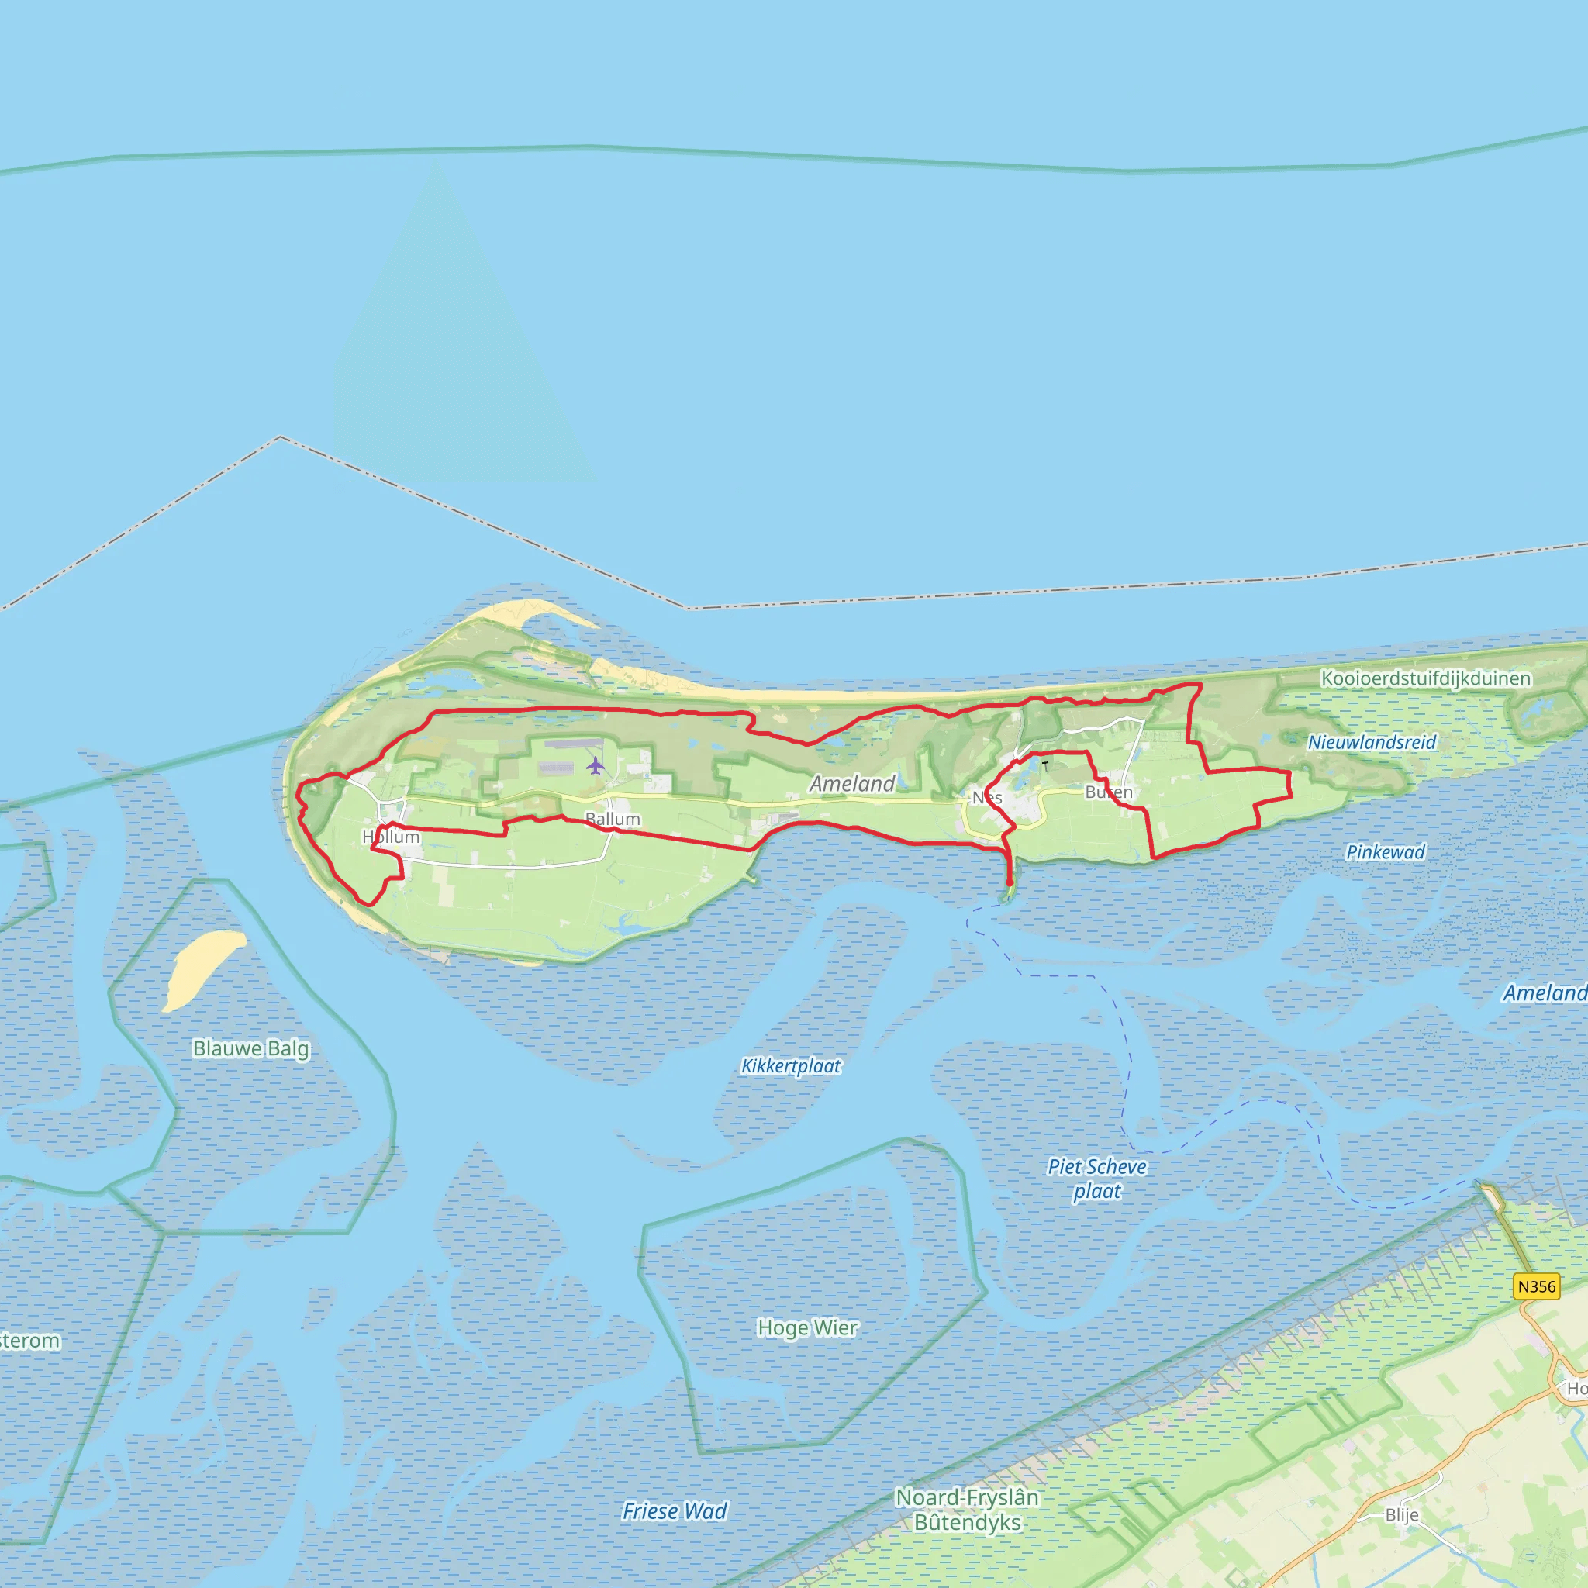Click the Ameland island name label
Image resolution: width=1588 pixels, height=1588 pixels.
[852, 783]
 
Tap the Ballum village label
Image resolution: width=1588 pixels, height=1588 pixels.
[613, 819]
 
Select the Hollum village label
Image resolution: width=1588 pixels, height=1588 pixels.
[392, 837]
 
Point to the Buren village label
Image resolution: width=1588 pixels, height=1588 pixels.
[1109, 792]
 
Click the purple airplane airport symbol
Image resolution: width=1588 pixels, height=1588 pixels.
[595, 765]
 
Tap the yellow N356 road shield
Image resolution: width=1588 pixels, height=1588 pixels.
[1536, 1286]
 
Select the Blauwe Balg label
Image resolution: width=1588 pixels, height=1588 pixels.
[250, 1048]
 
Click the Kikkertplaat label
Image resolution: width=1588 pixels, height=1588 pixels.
[791, 1066]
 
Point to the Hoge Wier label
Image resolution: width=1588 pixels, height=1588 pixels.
[807, 1327]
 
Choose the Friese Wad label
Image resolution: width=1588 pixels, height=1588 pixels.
[674, 1510]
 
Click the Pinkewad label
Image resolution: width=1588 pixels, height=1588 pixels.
[1385, 852]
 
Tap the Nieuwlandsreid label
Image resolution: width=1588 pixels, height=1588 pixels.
[1372, 742]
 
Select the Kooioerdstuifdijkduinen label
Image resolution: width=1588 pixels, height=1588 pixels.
[1426, 678]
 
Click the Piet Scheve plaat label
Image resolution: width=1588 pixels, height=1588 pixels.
[1096, 1179]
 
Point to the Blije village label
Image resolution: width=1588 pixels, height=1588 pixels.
[1401, 1515]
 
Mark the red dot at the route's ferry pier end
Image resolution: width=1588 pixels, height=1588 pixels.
[1010, 882]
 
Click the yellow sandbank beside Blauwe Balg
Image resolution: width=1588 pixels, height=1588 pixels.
[203, 969]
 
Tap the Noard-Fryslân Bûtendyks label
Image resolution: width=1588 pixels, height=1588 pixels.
[967, 1510]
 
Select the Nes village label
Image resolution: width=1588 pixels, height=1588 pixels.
[987, 797]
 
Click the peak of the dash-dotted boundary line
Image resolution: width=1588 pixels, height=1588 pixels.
[280, 437]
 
